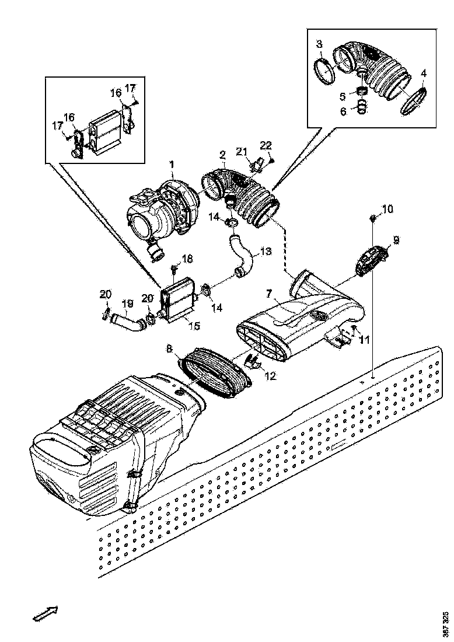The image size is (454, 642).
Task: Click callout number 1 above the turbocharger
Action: [x=172, y=166]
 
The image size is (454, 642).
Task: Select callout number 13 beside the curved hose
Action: [x=266, y=252]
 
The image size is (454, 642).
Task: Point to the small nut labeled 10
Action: [x=372, y=218]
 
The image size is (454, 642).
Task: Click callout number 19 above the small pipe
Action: [x=127, y=303]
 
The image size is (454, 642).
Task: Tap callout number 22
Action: [x=266, y=145]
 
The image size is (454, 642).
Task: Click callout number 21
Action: [x=242, y=152]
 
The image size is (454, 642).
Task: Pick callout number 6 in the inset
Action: [x=343, y=111]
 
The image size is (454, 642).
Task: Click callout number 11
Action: [x=365, y=340]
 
